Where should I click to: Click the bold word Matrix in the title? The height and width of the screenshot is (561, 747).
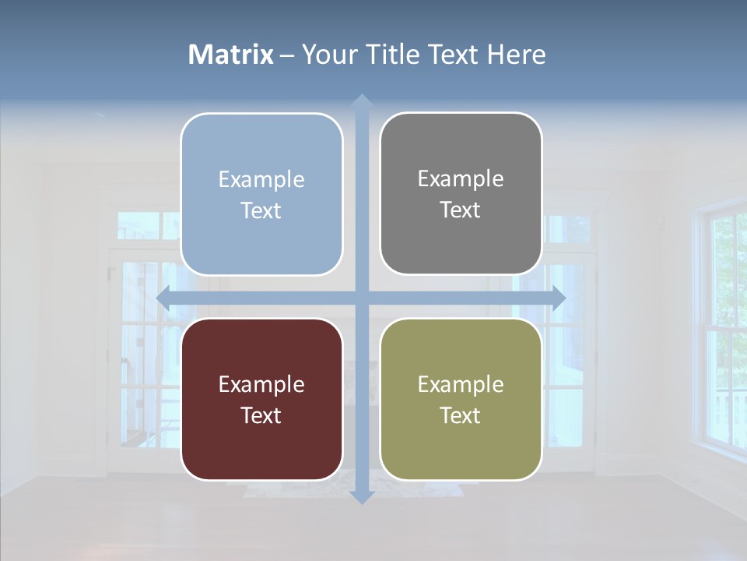coord(231,55)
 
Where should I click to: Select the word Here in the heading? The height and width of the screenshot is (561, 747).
coord(516,55)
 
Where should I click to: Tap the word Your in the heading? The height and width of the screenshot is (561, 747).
coord(328,55)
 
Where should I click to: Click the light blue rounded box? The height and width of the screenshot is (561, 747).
coord(261,194)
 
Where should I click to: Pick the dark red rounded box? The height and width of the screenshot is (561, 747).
coord(261,399)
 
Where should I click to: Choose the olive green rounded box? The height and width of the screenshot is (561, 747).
coord(461,399)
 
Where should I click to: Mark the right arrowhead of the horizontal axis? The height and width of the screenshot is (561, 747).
coord(558,298)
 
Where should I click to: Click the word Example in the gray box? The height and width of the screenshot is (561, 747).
coord(461,178)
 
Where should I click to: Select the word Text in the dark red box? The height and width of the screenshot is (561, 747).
coord(261,415)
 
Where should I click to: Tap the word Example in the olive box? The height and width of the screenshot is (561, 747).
coord(461,384)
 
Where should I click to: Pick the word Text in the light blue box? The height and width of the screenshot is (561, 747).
coord(261,210)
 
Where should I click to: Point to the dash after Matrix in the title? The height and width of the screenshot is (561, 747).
coord(288,55)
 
